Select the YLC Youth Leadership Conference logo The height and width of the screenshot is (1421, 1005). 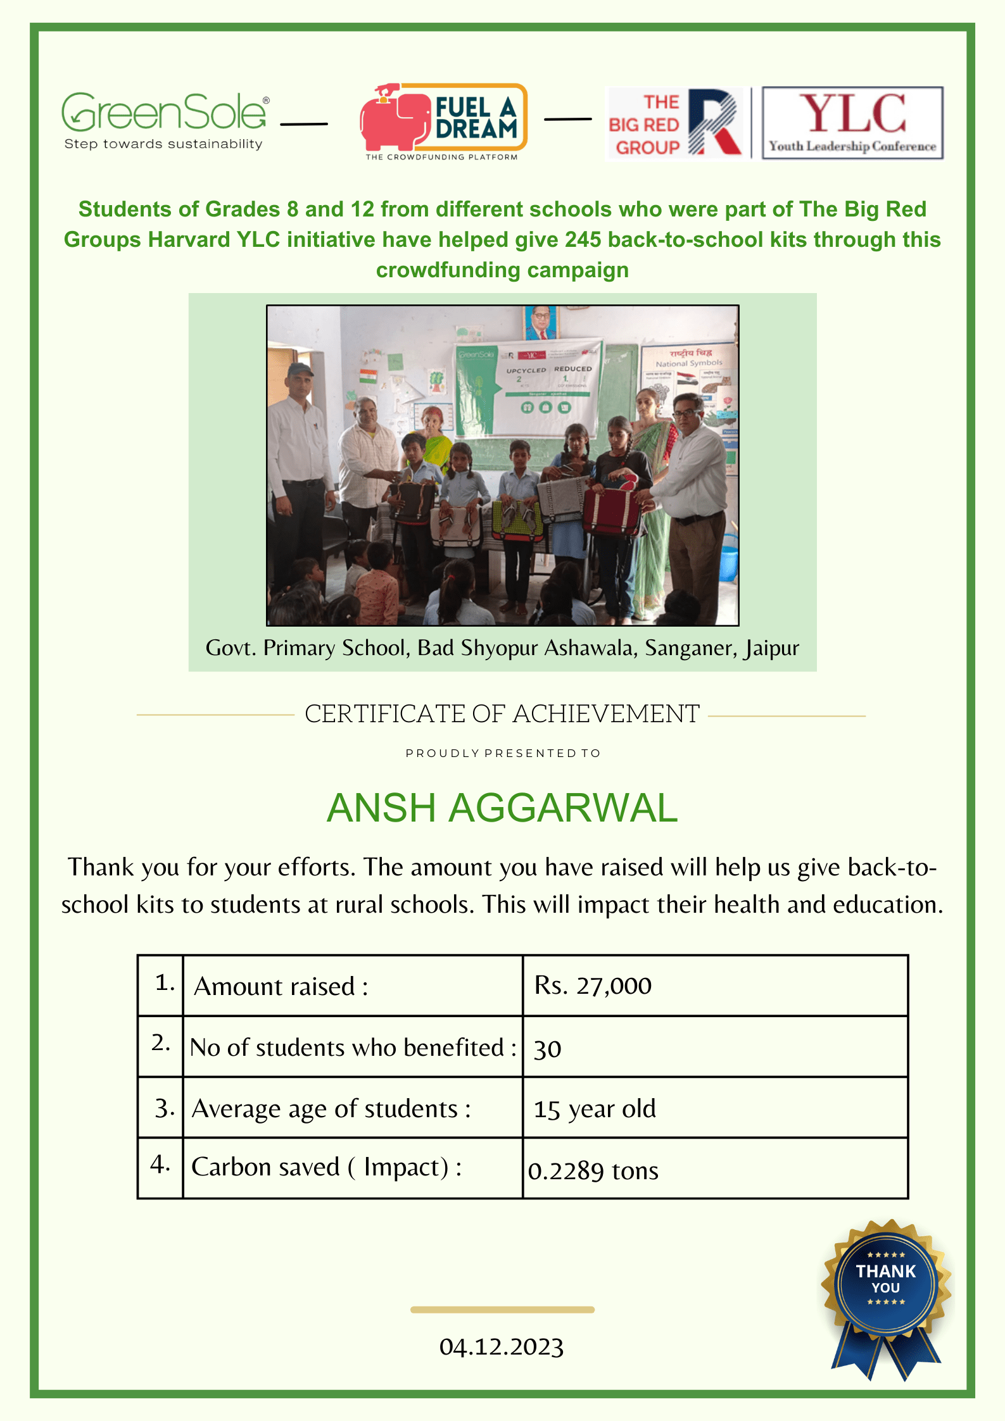[852, 123]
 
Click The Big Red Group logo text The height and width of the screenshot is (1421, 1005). [645, 125]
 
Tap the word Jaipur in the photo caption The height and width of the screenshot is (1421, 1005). [771, 648]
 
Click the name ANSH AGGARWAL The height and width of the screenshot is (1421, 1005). [502, 808]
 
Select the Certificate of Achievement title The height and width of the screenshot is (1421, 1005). [502, 714]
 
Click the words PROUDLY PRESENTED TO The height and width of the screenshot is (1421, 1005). [502, 753]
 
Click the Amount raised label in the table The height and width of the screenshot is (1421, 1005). [281, 986]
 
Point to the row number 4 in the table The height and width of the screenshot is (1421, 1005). [160, 1165]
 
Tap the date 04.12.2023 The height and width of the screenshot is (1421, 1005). [502, 1347]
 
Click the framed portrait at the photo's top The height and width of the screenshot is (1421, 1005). [540, 322]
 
